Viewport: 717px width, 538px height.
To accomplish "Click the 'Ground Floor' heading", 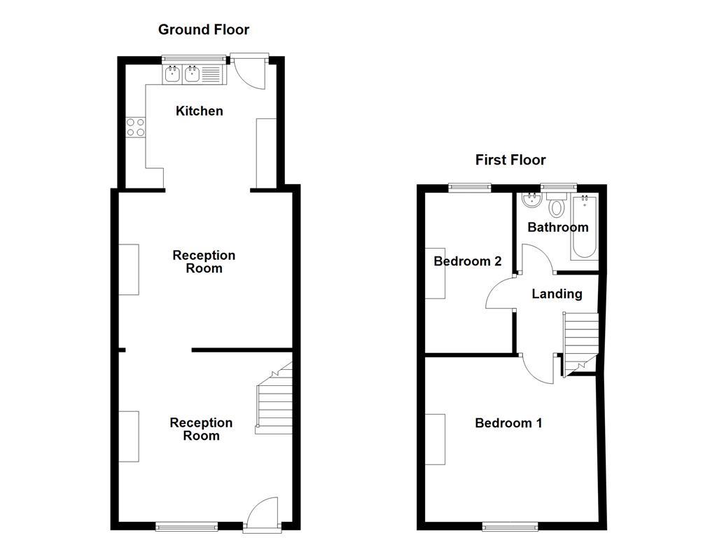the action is click(x=204, y=30).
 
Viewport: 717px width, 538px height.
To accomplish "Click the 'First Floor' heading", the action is click(x=510, y=160).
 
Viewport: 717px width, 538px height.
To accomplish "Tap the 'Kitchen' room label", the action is click(x=200, y=111).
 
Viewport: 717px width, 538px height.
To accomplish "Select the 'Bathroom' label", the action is click(x=558, y=227).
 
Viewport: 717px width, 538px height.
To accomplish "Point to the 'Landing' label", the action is click(x=557, y=294).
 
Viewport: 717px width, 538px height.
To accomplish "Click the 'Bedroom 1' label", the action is click(x=508, y=422).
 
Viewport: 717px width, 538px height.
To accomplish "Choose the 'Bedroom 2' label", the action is click(x=467, y=261).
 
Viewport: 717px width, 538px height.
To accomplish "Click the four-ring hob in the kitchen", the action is click(x=136, y=127).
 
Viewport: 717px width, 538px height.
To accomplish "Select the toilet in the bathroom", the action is click(x=557, y=205).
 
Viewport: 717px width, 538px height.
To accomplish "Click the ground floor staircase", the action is click(x=274, y=398).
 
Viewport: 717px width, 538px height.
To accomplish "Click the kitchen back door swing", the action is click(x=249, y=73).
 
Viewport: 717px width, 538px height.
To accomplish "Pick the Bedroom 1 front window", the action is click(x=510, y=527).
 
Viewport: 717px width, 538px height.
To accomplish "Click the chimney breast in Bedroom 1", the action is click(x=435, y=439).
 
